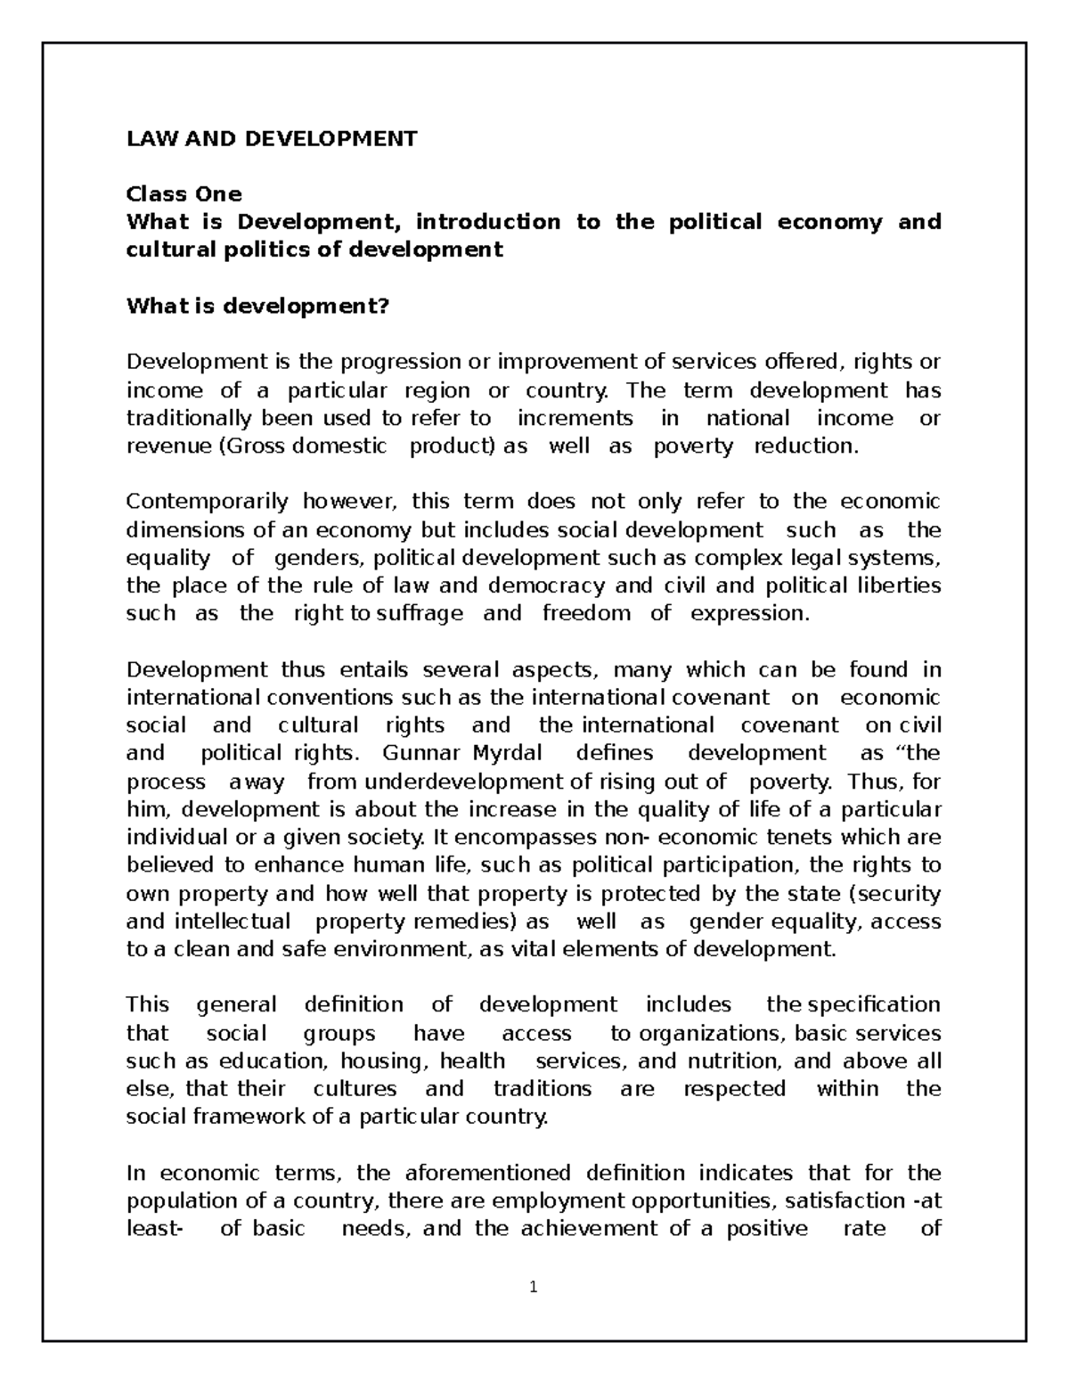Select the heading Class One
click(184, 193)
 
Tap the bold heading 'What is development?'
click(258, 306)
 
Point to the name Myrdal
click(507, 752)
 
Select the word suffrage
click(420, 613)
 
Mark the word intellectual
click(233, 921)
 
